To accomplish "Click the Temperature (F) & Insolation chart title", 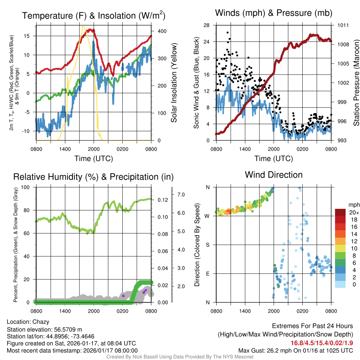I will click(x=94, y=15).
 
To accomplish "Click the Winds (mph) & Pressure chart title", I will click(x=274, y=13).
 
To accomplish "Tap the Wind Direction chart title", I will click(x=274, y=174).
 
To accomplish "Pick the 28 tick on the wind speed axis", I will click(x=206, y=25).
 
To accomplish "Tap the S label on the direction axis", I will click(x=207, y=245).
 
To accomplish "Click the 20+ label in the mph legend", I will click(x=354, y=212).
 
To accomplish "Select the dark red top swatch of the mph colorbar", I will click(x=341, y=212).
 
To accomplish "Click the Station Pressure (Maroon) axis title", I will click(x=356, y=83).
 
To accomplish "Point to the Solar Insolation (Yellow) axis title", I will click(x=174, y=83).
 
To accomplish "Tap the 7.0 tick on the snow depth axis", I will click(x=181, y=194).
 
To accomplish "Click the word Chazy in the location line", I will click(x=41, y=322).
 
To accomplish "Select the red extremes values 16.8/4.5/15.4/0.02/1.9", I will click(x=322, y=343).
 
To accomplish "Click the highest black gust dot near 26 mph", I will click(x=228, y=33).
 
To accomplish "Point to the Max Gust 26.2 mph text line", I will click(x=295, y=350).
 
